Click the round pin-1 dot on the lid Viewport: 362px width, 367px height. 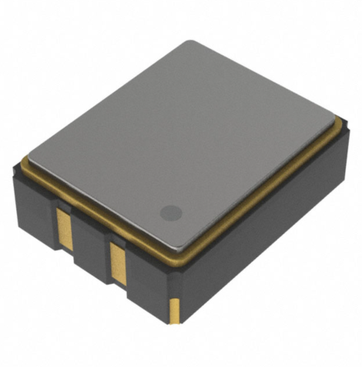[170, 212]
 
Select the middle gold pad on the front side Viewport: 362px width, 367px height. [118, 262]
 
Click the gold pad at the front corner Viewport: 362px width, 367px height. [175, 309]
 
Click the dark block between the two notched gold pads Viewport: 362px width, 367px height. [92, 250]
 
